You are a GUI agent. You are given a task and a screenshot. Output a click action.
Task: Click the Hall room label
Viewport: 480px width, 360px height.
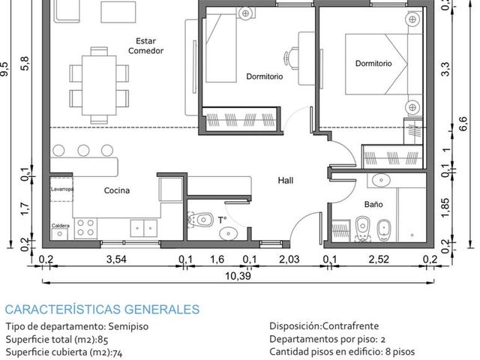[285, 180]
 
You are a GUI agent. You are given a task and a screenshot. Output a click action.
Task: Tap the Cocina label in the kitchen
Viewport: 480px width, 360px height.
[117, 190]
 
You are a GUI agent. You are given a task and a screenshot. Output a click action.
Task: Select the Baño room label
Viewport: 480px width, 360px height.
[373, 204]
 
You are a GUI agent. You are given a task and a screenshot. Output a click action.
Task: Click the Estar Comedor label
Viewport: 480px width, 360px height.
[145, 46]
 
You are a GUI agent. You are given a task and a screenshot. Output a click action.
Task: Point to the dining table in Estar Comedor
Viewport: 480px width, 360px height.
[99, 85]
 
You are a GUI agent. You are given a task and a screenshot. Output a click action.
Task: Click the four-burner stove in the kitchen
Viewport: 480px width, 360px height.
[85, 228]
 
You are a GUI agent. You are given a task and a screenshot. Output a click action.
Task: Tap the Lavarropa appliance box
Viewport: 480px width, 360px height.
[61, 189]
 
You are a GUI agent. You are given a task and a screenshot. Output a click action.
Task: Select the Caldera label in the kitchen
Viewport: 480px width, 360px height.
[60, 226]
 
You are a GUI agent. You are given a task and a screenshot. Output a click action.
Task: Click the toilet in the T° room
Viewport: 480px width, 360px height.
[201, 220]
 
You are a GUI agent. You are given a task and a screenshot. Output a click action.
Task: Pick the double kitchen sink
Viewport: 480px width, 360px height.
[144, 228]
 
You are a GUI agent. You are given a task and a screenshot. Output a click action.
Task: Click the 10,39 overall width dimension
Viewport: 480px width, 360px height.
[238, 276]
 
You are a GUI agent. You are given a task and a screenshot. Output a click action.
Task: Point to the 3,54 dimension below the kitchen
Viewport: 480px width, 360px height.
[116, 259]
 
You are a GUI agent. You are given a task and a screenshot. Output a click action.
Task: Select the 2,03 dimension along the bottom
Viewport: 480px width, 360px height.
[289, 259]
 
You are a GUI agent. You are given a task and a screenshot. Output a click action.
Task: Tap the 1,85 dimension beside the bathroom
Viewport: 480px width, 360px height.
[445, 208]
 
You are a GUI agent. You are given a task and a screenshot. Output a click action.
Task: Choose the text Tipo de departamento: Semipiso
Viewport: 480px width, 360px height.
[76, 326]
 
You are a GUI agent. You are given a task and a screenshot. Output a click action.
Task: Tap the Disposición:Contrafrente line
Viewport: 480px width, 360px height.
[324, 325]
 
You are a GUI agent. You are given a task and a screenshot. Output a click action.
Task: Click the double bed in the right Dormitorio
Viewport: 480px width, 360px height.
[384, 64]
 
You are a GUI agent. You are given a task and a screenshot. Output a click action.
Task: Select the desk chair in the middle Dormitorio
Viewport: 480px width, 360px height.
[291, 57]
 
